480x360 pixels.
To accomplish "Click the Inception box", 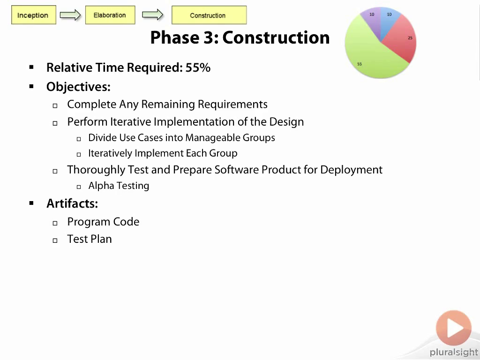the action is pyautogui.click(x=34, y=15).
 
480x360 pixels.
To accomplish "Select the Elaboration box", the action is pyautogui.click(x=110, y=15).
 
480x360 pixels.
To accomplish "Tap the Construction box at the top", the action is pyautogui.click(x=209, y=15).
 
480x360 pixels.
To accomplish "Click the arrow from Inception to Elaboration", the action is pyautogui.click(x=70, y=15).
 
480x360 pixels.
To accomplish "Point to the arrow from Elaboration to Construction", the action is pyautogui.click(x=153, y=15).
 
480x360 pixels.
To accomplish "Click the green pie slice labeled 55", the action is pyautogui.click(x=367, y=55).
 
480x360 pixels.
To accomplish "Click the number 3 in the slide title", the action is pyautogui.click(x=208, y=37).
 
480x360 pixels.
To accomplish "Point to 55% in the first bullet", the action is pyautogui.click(x=198, y=67).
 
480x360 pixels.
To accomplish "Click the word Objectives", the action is pyautogui.click(x=78, y=87).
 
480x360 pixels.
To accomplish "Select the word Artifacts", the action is pyautogui.click(x=72, y=203).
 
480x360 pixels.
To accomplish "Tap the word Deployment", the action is pyautogui.click(x=352, y=170).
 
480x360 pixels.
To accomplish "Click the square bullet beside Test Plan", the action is pyautogui.click(x=55, y=240).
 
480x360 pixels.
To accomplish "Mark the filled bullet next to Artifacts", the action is pyautogui.click(x=31, y=203).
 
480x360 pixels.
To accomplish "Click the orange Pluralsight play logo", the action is pyautogui.click(x=454, y=328).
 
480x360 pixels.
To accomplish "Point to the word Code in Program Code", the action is pyautogui.click(x=126, y=222).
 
